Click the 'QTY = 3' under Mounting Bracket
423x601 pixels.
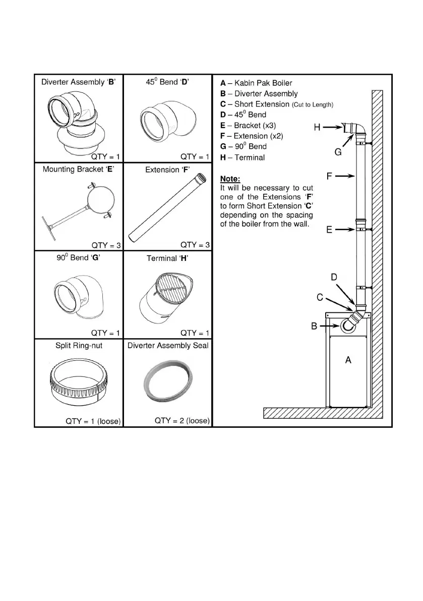click(106, 246)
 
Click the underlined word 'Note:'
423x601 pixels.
click(230, 179)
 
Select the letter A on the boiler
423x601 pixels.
click(347, 360)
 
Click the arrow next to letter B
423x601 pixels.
click(330, 326)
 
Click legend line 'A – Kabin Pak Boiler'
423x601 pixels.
click(256, 83)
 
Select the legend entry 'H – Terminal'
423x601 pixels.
click(243, 157)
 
